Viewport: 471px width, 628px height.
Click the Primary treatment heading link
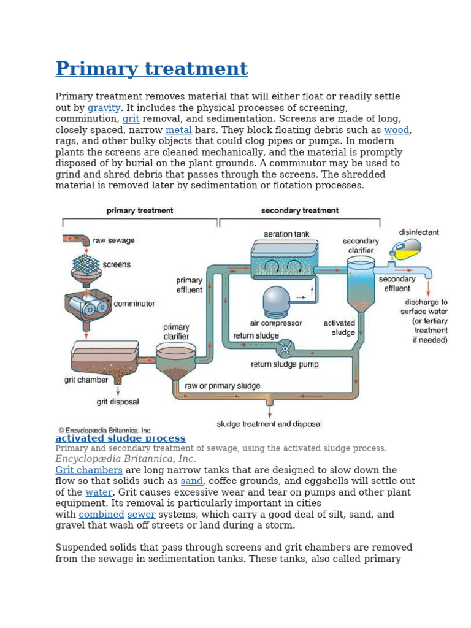[151, 69]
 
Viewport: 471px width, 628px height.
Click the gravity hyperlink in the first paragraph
[104, 108]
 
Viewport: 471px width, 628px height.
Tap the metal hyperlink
[178, 130]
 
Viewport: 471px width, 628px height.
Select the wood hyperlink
[396, 130]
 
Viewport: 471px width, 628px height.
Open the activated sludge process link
[120, 438]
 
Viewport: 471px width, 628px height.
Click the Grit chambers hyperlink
[89, 470]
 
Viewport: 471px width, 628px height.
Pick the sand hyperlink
[191, 481]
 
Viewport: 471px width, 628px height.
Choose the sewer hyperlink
[141, 515]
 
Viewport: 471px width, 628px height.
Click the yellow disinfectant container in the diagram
[407, 249]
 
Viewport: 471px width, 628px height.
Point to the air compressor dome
[276, 301]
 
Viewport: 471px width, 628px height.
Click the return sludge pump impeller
[285, 349]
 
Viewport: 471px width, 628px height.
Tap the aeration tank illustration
[285, 260]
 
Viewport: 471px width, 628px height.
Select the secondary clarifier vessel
[361, 284]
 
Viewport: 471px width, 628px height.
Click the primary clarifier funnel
[175, 362]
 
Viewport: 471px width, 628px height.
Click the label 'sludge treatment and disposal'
[269, 424]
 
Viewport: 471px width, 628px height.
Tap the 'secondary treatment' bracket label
[299, 210]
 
